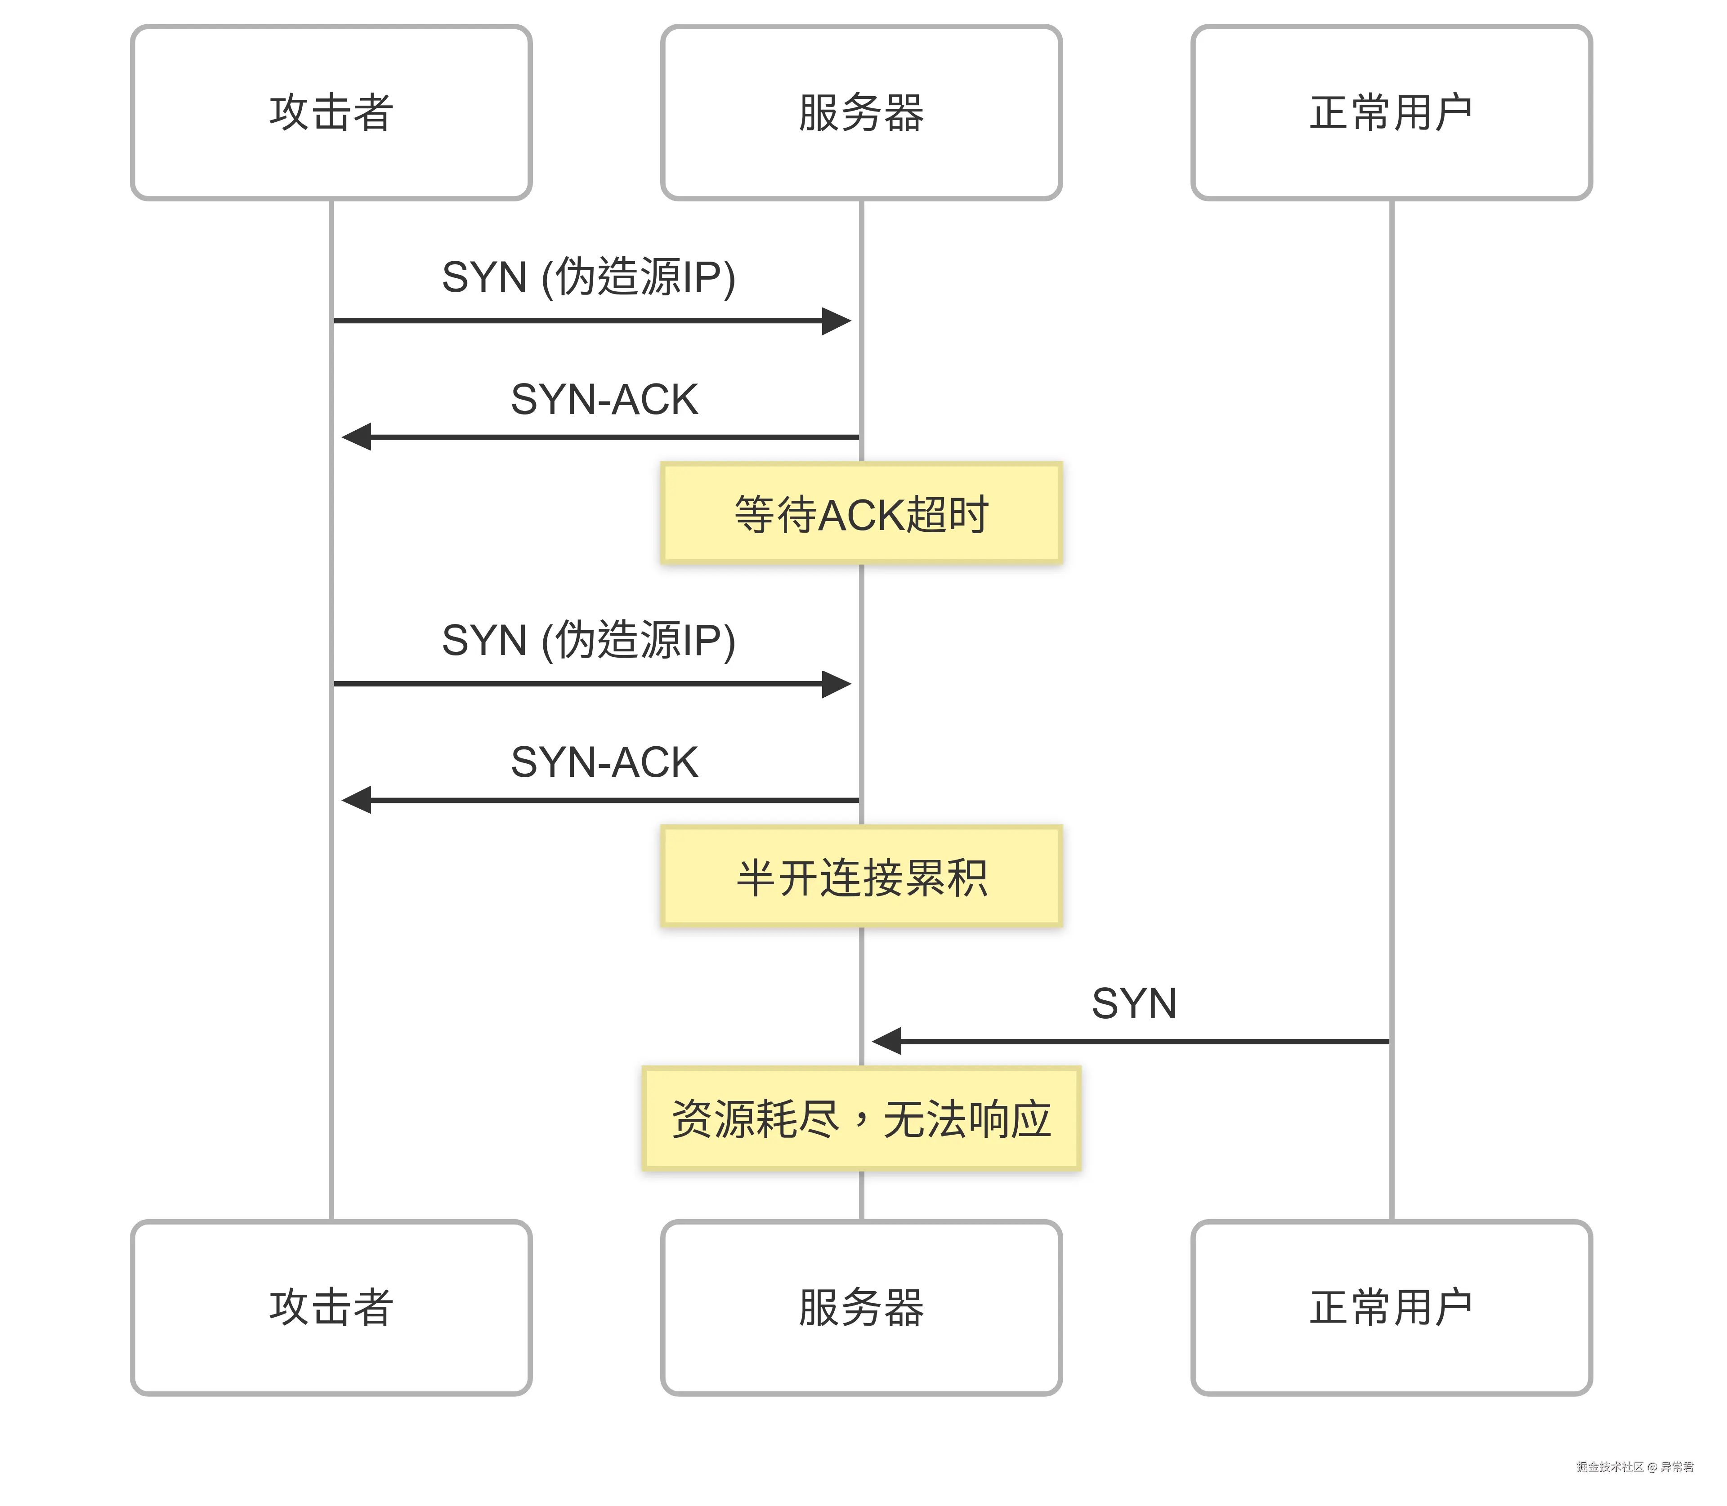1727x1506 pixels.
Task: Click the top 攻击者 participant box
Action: pyautogui.click(x=331, y=113)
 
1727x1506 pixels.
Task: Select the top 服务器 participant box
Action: pyautogui.click(x=861, y=113)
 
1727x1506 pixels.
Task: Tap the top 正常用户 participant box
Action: pyautogui.click(x=1391, y=113)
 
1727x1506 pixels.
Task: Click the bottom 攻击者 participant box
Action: pyautogui.click(x=331, y=1308)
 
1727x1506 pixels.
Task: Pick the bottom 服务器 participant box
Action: pyautogui.click(x=861, y=1308)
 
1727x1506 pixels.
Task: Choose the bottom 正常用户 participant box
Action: pyautogui.click(x=1391, y=1308)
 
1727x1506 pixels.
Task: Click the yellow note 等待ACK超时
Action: pyautogui.click(x=861, y=513)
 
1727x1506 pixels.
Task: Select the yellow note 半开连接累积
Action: pyautogui.click(x=861, y=877)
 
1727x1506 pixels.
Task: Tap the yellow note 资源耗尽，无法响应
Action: pyautogui.click(x=861, y=1118)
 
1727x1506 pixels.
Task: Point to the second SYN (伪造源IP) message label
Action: pyautogui.click(x=589, y=640)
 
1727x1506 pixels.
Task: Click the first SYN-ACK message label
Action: pyautogui.click(x=604, y=399)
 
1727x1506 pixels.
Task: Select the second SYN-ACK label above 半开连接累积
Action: pyautogui.click(x=604, y=762)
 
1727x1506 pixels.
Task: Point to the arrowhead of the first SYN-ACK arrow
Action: pyautogui.click(x=357, y=437)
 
